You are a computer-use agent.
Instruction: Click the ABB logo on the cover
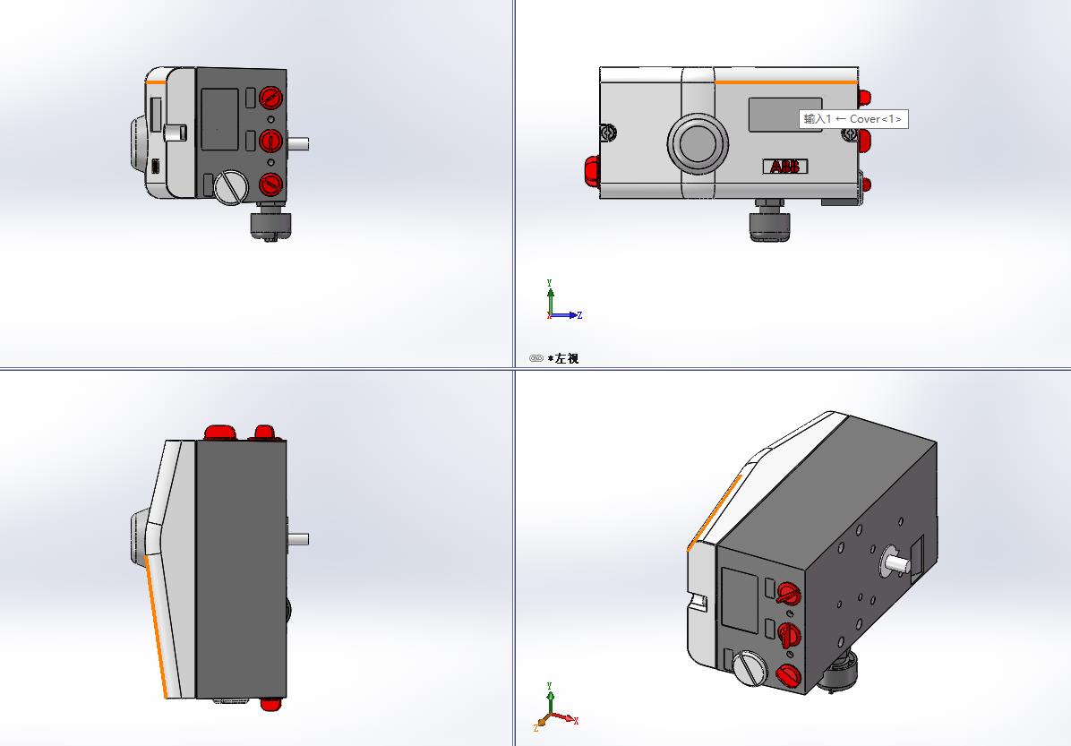784,166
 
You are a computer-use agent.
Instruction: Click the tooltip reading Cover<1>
853,119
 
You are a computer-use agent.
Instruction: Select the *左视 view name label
563,358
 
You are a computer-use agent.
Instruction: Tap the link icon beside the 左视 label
536,358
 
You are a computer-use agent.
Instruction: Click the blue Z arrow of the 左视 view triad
566,315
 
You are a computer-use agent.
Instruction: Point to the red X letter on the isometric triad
576,720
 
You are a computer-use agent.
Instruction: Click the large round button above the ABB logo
698,143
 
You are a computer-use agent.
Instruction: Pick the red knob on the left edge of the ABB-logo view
592,171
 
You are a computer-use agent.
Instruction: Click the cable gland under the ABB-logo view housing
770,220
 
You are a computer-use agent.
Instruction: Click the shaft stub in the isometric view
895,563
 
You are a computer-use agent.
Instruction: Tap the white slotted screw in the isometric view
750,668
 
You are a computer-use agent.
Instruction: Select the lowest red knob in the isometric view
789,676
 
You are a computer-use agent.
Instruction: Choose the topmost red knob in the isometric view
789,594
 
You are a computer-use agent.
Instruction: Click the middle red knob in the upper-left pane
270,141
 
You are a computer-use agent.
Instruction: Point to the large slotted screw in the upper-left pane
232,187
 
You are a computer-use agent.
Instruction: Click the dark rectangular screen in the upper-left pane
220,119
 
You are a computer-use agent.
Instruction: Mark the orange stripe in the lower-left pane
157,627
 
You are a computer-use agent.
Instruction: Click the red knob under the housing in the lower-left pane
270,704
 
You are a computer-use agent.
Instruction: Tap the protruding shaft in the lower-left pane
298,539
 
